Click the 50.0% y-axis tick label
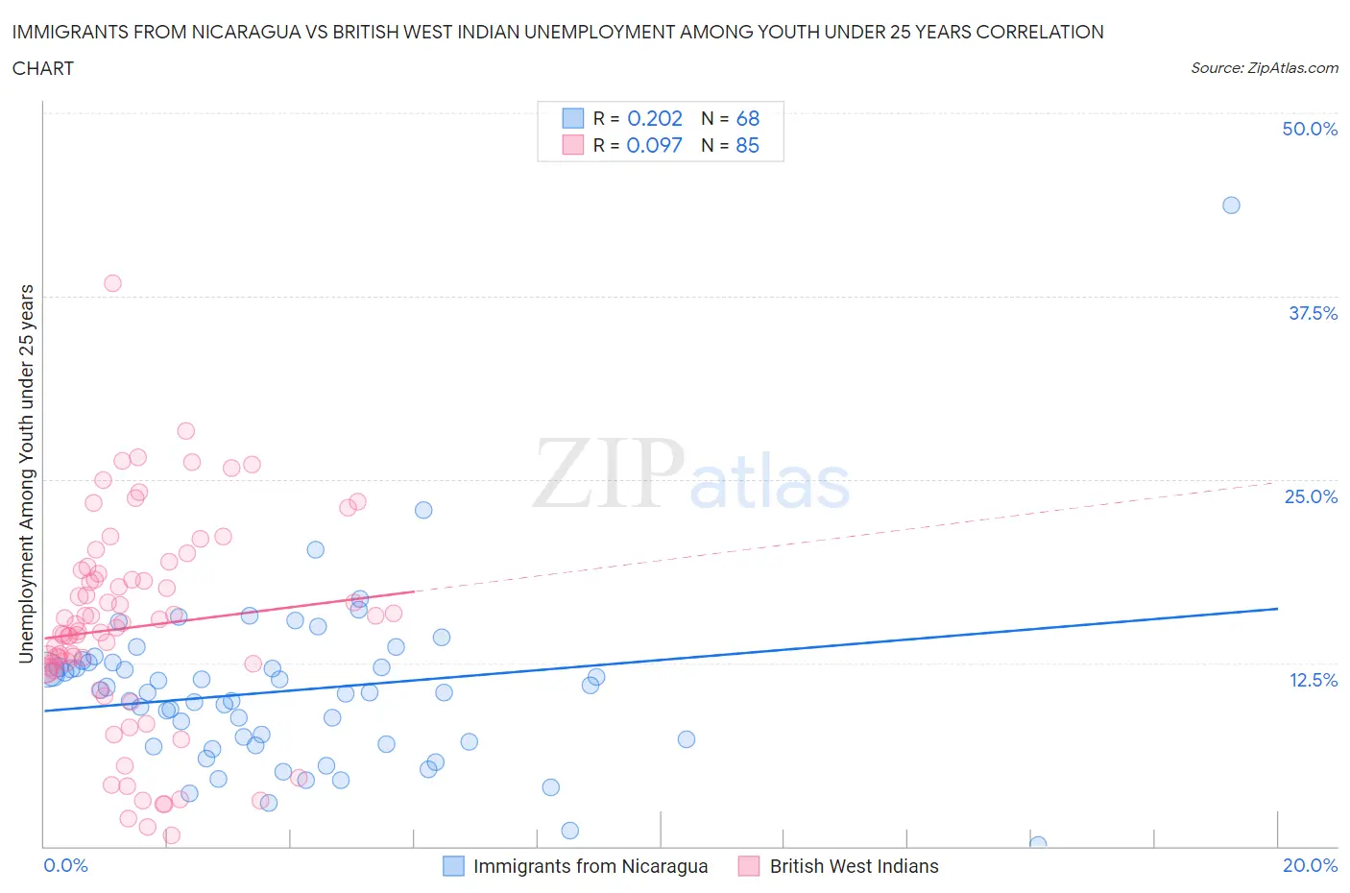(x=1310, y=129)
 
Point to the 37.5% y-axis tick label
(x=1313, y=313)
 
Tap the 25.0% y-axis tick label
(x=1311, y=496)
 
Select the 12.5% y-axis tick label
(x=1313, y=680)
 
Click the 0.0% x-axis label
(x=65, y=865)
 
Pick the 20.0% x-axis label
(x=1310, y=865)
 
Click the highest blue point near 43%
(x=1231, y=205)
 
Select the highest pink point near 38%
(x=112, y=283)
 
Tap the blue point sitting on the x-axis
(x=1038, y=844)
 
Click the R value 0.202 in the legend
(x=654, y=118)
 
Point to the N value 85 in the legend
(x=747, y=145)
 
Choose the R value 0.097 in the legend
(x=654, y=145)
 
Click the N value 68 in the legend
(x=747, y=118)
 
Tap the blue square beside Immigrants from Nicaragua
(x=453, y=866)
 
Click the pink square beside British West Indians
(x=749, y=866)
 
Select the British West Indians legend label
(x=854, y=866)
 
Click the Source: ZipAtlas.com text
(x=1264, y=68)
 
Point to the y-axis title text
(x=27, y=473)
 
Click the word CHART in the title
(x=43, y=68)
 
